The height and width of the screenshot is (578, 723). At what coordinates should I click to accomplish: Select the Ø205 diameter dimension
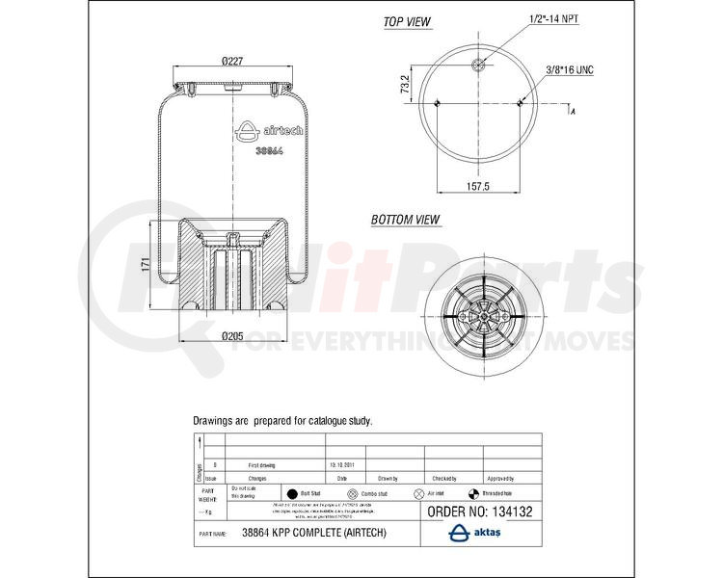(231, 336)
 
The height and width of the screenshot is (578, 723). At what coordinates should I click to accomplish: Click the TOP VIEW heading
(407, 22)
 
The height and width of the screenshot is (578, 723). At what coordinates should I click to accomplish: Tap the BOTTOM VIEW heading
(406, 221)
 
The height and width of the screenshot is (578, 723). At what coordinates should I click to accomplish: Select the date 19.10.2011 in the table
(343, 463)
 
